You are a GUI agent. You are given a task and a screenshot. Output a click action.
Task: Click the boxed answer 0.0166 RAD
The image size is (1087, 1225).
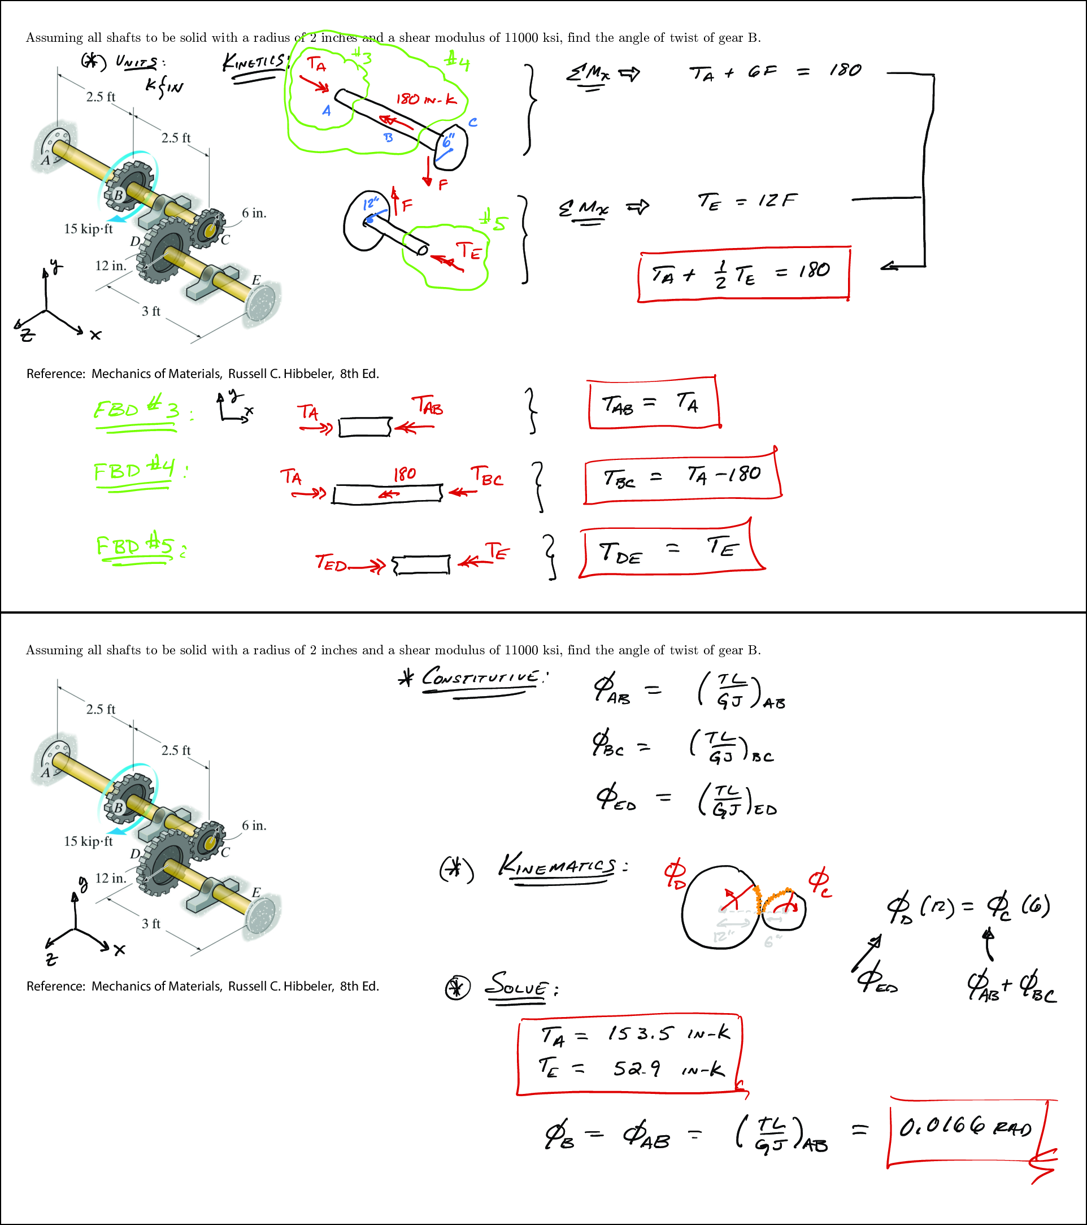pyautogui.click(x=966, y=1128)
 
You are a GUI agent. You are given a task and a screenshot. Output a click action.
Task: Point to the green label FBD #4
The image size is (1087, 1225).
pyautogui.click(x=135, y=470)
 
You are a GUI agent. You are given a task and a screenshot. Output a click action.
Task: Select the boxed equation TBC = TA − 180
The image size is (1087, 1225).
pyautogui.click(x=681, y=476)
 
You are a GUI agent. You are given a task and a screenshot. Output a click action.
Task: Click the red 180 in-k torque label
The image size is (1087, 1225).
pyautogui.click(x=426, y=99)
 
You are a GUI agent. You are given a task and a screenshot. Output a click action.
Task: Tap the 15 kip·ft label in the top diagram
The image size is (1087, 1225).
pyautogui.click(x=88, y=229)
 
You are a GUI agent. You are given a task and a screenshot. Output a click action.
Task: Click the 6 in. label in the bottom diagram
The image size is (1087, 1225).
pyautogui.click(x=254, y=826)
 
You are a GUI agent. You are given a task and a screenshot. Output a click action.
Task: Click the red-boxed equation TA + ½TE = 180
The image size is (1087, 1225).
pyautogui.click(x=742, y=273)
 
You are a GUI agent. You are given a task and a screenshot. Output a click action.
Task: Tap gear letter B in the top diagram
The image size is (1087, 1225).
pyautogui.click(x=119, y=195)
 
